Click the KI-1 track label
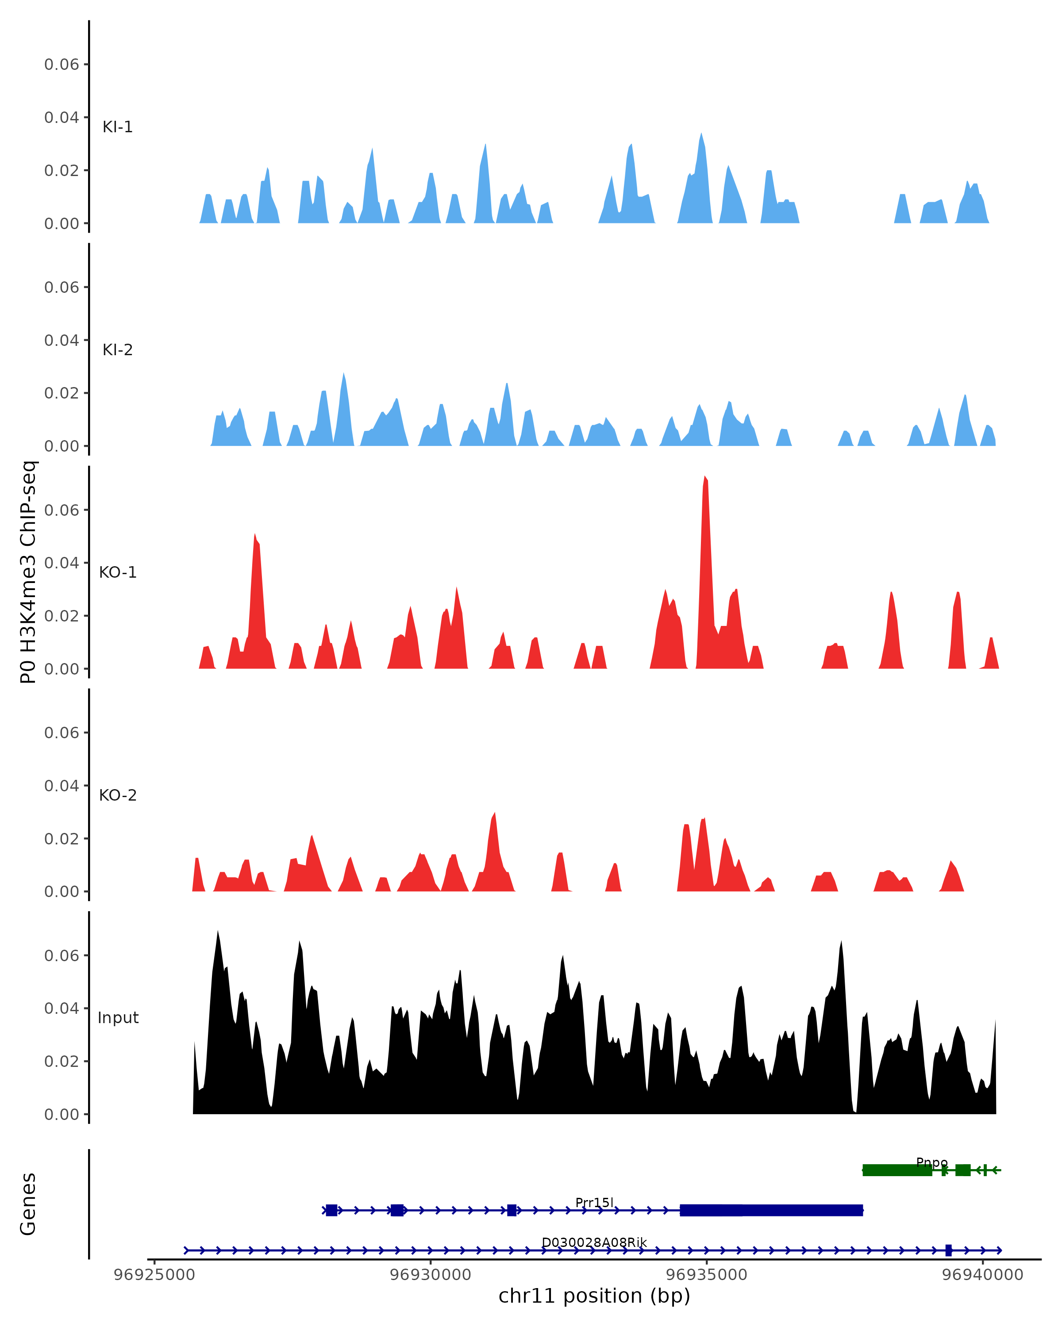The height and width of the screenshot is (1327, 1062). [x=118, y=127]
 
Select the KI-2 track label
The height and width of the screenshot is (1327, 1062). [x=118, y=349]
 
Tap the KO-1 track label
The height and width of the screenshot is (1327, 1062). [x=118, y=572]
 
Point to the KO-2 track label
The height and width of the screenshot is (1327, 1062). [x=118, y=795]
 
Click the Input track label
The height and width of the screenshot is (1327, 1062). [x=118, y=1018]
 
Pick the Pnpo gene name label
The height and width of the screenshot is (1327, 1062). [x=931, y=1162]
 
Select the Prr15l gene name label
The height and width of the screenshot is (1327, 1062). [x=594, y=1203]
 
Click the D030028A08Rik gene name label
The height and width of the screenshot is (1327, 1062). [x=594, y=1243]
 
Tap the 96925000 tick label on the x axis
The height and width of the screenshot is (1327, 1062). [x=154, y=1275]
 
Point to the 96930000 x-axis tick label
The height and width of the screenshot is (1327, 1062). [x=431, y=1275]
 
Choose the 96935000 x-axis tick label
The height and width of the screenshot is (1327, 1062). [x=707, y=1275]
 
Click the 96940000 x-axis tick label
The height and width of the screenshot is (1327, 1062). [x=983, y=1275]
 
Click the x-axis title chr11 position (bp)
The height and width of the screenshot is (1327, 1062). [x=594, y=1296]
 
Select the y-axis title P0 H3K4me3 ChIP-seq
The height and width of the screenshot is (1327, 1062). [x=28, y=572]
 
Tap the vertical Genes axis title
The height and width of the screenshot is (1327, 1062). [x=28, y=1204]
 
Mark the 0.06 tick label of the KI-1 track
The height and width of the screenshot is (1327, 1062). [x=62, y=65]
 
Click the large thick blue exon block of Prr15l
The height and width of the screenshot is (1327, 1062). [x=771, y=1211]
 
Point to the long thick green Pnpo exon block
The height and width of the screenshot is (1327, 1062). [x=897, y=1170]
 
